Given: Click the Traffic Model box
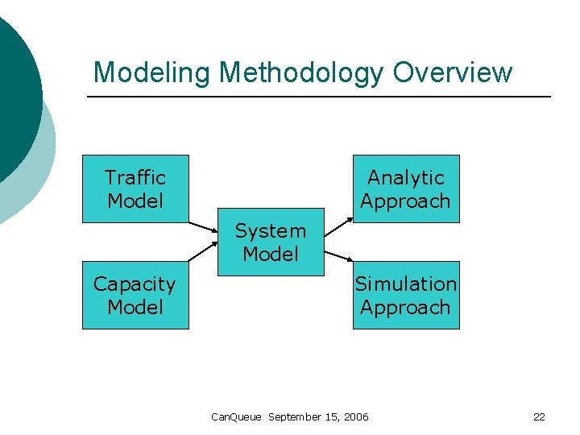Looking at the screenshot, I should click(135, 188).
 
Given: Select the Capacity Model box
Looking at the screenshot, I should click(135, 295).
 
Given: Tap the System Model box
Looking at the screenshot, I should click(271, 242).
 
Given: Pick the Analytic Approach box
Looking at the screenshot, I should click(406, 188).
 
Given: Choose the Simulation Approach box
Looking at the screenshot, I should click(406, 295).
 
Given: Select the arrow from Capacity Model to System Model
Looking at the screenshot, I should click(203, 251).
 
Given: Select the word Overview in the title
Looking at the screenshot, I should click(453, 72).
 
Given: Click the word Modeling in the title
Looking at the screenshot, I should click(152, 73).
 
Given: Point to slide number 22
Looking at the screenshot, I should click(539, 416).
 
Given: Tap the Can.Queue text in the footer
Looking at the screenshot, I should click(235, 416).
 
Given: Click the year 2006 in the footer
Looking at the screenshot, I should click(355, 416).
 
